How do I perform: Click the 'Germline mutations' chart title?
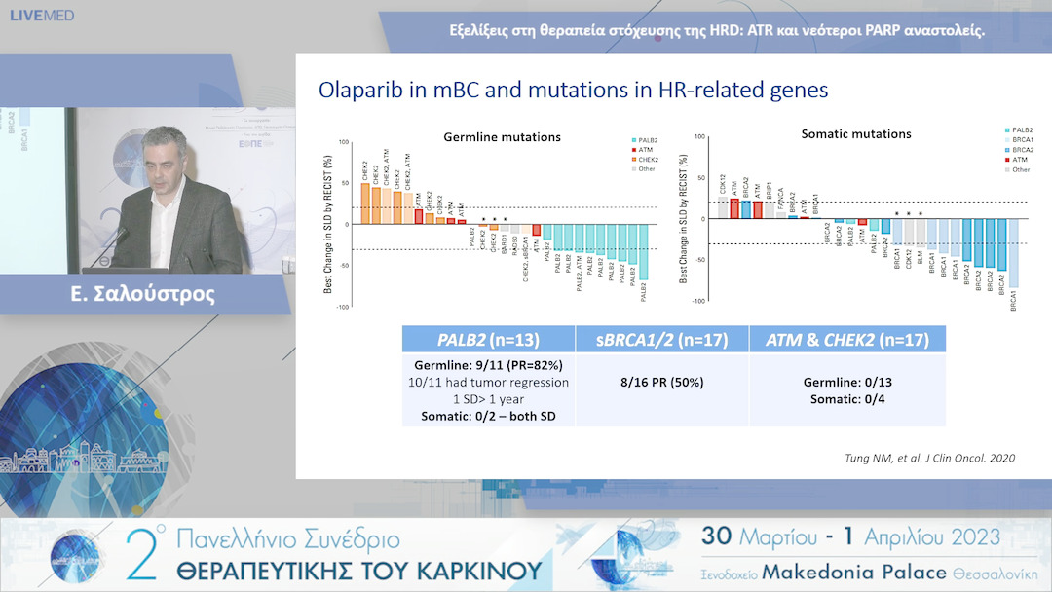coord(502,137)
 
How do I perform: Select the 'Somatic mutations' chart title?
coord(855,134)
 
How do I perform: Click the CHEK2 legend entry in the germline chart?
coord(648,159)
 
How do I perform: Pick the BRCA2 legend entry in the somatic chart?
coord(1020,150)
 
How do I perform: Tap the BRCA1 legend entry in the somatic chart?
coord(1020,140)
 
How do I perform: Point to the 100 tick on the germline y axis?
coord(342,143)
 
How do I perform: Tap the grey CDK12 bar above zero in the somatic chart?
coord(722,209)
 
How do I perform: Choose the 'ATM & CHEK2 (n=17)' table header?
coord(846,340)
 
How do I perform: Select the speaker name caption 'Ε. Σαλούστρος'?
coord(145,294)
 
